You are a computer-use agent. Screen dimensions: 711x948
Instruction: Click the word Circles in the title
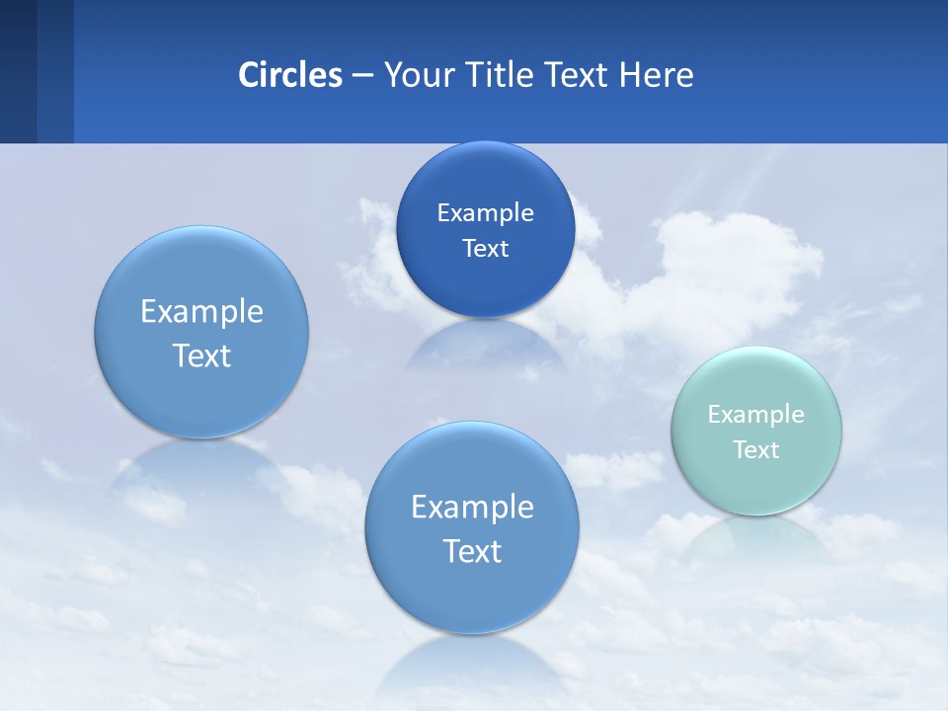(289, 75)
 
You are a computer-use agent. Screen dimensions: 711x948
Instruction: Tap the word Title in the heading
(503, 75)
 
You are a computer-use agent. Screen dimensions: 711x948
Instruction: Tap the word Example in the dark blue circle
(485, 212)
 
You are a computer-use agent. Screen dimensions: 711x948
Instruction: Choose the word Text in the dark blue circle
(485, 249)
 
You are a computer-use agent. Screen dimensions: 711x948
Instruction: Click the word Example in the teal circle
(755, 415)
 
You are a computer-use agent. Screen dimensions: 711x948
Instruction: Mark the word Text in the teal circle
(756, 450)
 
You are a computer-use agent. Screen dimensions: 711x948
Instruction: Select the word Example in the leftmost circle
(201, 312)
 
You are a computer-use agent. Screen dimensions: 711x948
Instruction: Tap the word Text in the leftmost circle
(201, 355)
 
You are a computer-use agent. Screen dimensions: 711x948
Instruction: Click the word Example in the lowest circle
(472, 508)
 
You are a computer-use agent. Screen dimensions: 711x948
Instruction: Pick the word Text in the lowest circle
(472, 551)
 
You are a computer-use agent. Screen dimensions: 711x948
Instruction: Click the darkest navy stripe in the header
(18, 71)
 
